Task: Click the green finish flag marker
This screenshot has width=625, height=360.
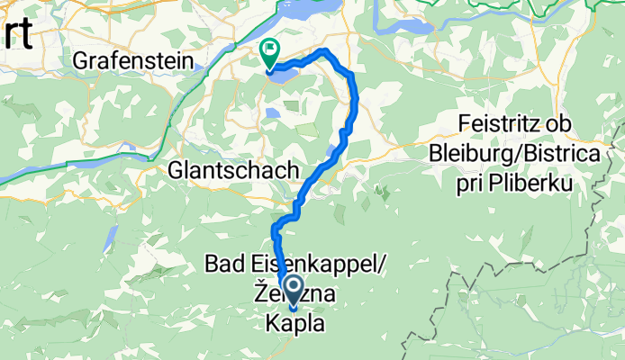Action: click(269, 53)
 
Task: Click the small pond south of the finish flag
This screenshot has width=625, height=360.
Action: click(271, 114)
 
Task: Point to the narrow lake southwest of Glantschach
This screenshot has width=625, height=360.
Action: click(111, 239)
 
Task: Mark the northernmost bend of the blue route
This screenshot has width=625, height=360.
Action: click(323, 50)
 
